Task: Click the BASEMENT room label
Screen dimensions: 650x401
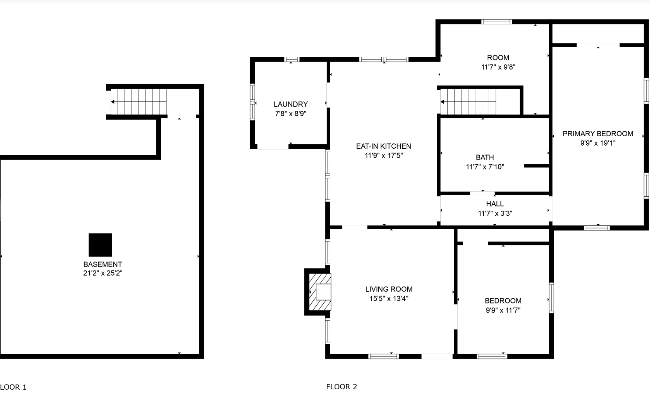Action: (x=103, y=264)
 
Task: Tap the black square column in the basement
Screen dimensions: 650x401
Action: (x=101, y=245)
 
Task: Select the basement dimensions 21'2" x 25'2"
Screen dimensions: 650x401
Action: (x=103, y=273)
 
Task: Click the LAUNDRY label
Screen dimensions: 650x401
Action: (x=291, y=104)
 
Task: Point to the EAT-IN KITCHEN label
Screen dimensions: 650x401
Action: (x=383, y=146)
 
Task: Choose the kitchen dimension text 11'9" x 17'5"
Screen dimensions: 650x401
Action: (x=383, y=155)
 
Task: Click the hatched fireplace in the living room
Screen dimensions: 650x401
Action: (x=320, y=292)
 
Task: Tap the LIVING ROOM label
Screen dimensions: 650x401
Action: (x=389, y=289)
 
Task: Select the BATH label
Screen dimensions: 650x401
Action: (x=485, y=157)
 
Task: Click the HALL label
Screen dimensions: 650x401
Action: (x=495, y=204)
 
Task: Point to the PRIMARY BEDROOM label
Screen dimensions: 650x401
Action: (x=598, y=134)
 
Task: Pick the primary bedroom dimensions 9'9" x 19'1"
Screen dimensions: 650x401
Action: (x=598, y=143)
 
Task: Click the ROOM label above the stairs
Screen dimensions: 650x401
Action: (x=498, y=58)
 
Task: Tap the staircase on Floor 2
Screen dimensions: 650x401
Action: (x=468, y=101)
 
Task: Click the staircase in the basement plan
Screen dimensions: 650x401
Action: (x=139, y=101)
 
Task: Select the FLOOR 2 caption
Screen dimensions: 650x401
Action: (x=341, y=387)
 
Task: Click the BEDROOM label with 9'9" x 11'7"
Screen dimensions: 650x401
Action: (x=503, y=300)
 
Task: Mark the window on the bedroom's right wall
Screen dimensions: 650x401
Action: (x=551, y=298)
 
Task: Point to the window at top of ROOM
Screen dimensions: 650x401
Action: (x=497, y=22)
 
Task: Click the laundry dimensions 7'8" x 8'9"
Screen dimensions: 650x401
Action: (x=291, y=114)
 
